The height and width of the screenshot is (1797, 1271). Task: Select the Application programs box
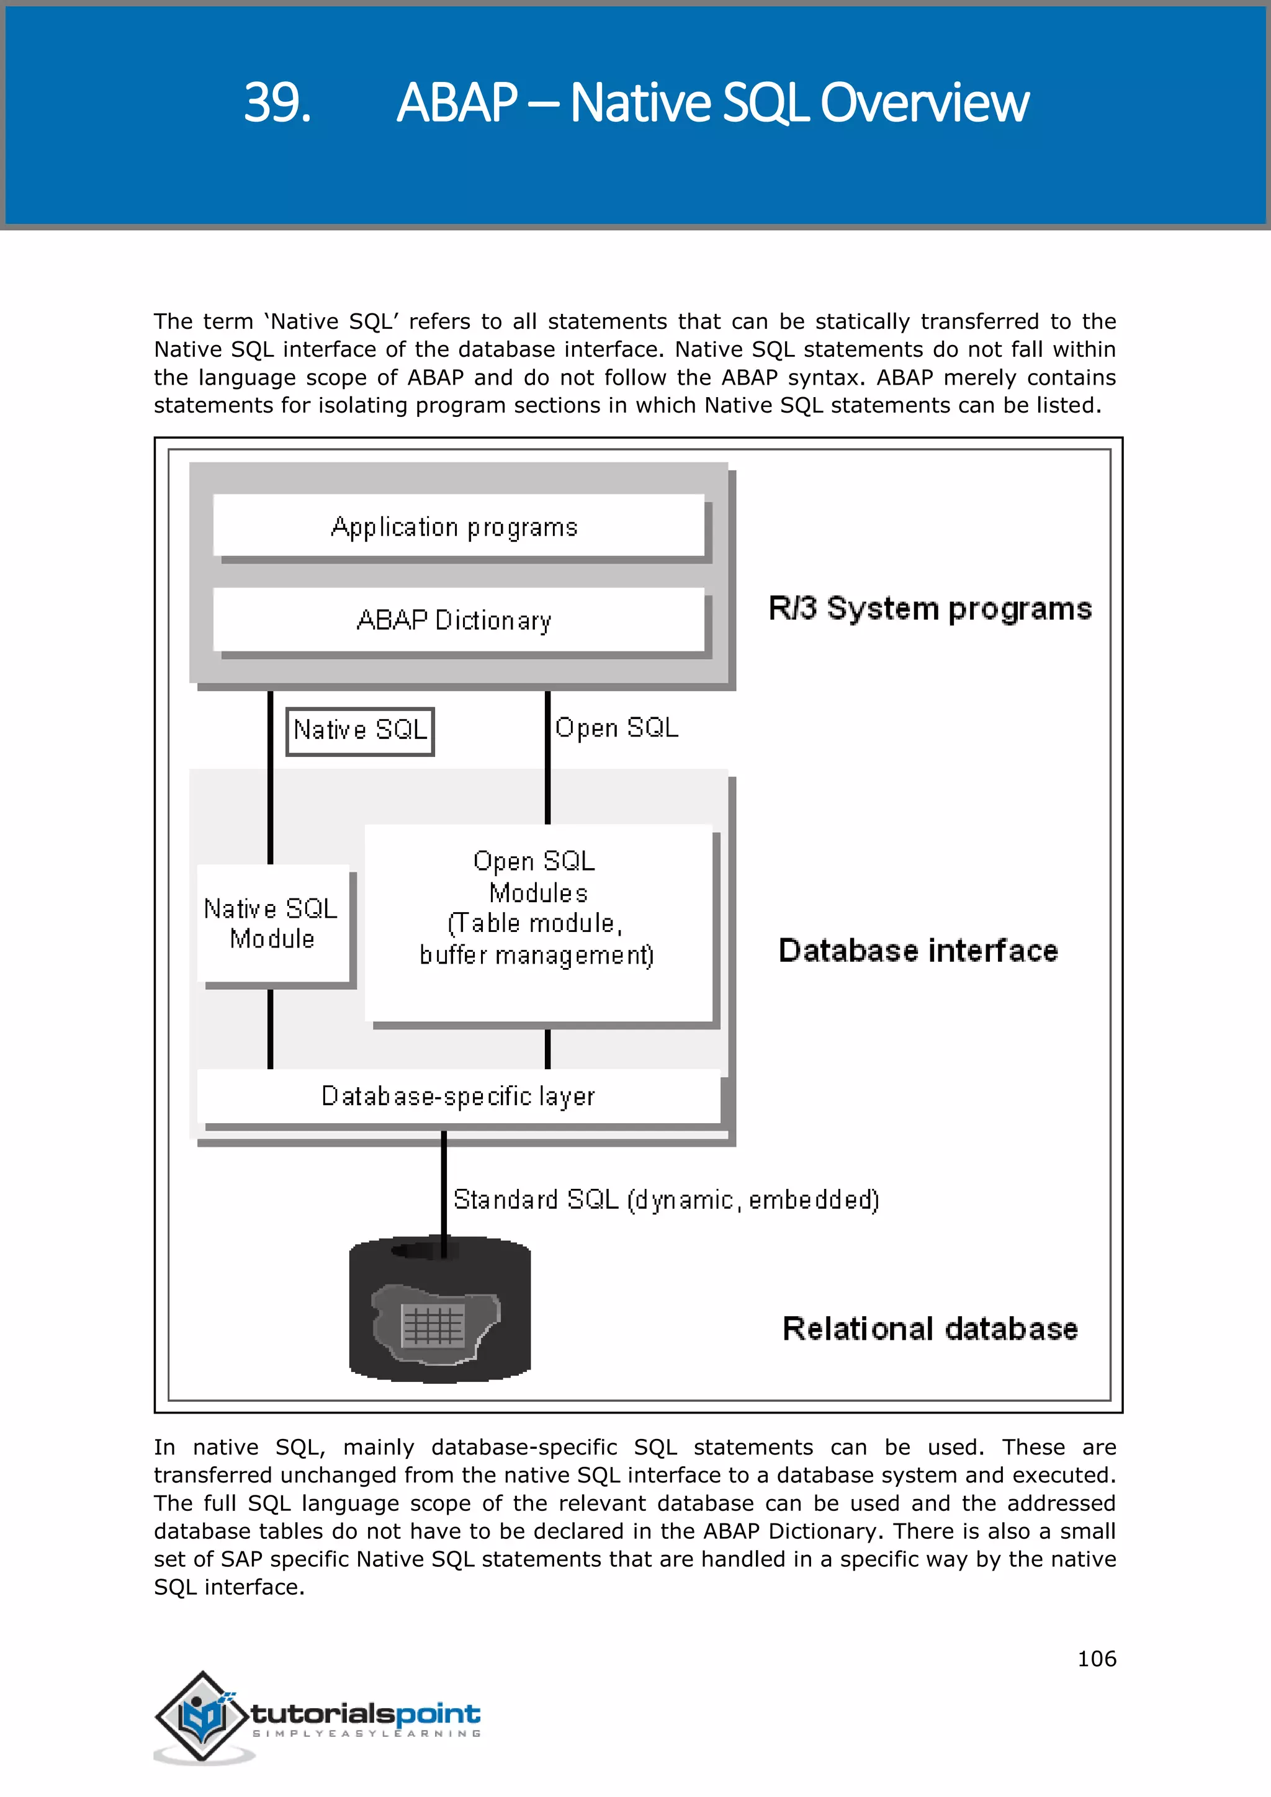click(458, 526)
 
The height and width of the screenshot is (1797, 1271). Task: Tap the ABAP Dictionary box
click(458, 620)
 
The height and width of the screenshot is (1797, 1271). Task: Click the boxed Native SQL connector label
click(360, 730)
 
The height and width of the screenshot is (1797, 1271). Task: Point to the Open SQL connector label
click(617, 728)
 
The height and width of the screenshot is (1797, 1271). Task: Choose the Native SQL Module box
click(272, 923)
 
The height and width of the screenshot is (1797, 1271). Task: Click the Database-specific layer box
click(458, 1096)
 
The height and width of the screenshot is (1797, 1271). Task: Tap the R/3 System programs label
click(930, 609)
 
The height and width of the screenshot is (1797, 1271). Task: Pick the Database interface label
click(918, 950)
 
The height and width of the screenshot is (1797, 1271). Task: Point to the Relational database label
click(930, 1329)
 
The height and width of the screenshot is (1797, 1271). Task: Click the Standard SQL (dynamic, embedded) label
click(666, 1200)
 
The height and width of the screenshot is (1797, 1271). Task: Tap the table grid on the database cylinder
click(433, 1325)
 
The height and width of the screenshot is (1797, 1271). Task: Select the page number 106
click(1097, 1659)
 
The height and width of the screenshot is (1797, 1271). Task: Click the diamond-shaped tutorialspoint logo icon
click(204, 1716)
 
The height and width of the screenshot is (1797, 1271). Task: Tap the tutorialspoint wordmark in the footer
click(366, 1714)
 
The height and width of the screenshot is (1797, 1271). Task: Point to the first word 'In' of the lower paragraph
click(164, 1447)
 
